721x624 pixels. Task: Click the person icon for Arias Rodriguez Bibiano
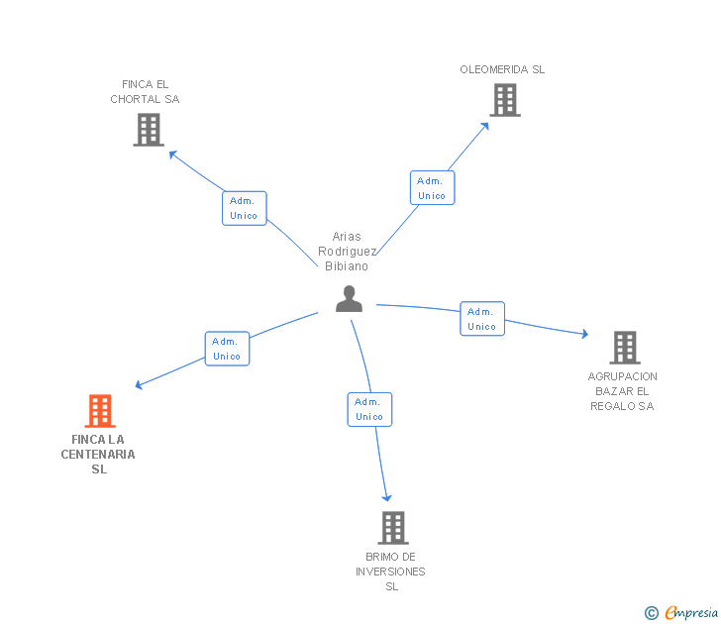349,298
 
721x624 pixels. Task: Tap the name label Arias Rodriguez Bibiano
347,252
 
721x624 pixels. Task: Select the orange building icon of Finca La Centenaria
99,410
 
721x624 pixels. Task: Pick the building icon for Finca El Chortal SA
149,130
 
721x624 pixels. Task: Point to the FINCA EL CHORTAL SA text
145,92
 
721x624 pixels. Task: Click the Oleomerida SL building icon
504,100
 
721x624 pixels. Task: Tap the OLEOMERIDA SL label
502,69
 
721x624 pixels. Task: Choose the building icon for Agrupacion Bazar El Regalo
624,348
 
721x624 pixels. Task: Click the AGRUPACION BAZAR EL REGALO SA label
622,391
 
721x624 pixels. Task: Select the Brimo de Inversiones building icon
392,528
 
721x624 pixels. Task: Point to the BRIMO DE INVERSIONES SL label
390,572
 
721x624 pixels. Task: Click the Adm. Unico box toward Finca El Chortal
244,208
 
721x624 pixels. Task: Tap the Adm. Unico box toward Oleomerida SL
432,188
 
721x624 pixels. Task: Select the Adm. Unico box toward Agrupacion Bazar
482,319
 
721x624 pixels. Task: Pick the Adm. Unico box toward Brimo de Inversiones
369,409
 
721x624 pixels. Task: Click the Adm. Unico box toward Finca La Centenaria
227,349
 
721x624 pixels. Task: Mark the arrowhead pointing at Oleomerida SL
485,125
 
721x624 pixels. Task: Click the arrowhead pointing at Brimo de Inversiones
387,497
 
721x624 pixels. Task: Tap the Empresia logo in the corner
682,612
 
